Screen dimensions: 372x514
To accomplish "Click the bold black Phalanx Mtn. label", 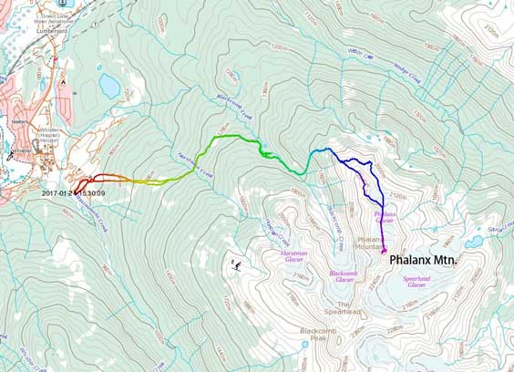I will pos(423,260).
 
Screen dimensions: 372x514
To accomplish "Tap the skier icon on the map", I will pos(236,265).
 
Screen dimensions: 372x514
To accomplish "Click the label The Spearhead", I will pos(344,308).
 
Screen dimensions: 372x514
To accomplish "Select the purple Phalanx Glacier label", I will pos(385,217).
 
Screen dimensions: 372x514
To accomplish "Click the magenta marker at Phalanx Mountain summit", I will pos(384,250).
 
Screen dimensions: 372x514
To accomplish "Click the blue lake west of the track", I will pos(109,86).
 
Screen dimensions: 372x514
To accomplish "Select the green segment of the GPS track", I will pos(228,138).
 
